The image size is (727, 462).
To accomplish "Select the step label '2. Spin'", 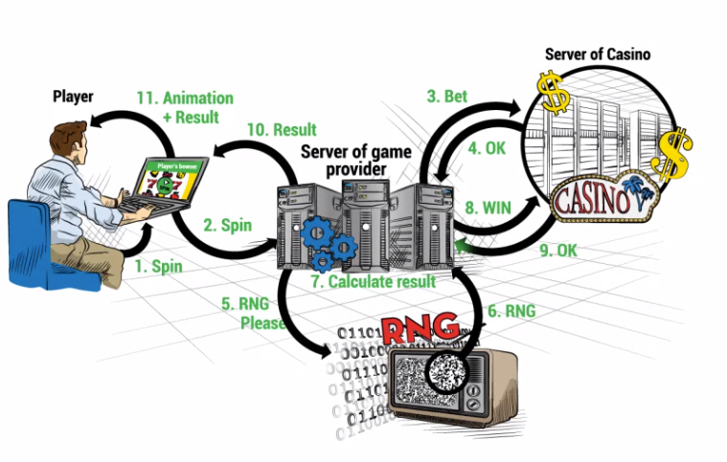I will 227,227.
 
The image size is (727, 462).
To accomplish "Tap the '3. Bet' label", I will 447,96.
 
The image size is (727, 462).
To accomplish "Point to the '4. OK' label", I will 487,148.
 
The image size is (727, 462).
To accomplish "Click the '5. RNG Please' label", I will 254,313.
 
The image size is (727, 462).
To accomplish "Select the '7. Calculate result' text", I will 373,281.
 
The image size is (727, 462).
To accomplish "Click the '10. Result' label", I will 282,129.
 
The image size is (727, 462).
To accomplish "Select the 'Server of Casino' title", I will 598,54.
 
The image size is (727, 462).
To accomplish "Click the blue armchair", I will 38,244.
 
